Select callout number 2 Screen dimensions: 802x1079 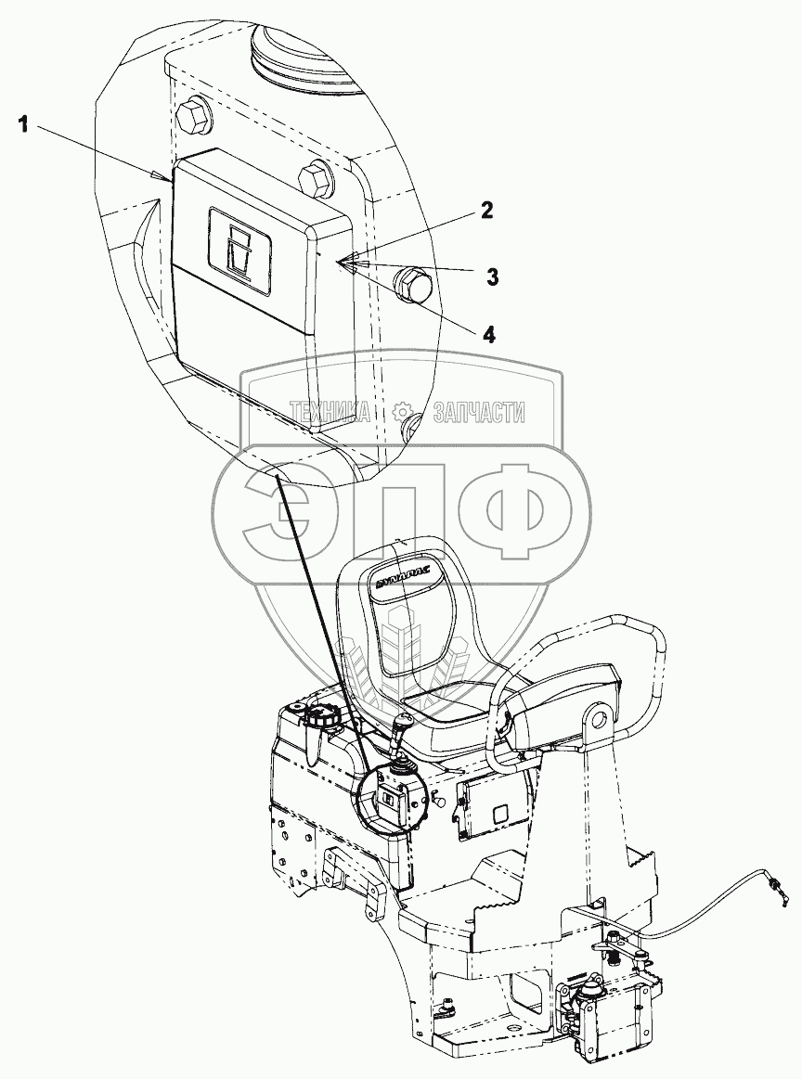(486, 211)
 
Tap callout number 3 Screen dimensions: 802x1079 (493, 276)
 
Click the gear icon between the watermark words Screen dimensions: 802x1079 (402, 412)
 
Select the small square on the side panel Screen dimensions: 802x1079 (498, 816)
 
